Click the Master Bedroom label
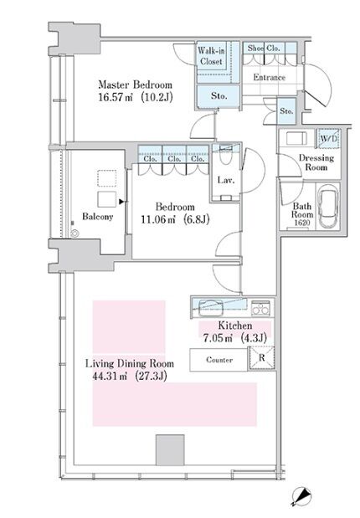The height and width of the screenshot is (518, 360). pos(135,85)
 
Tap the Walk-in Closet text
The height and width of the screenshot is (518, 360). pos(211,56)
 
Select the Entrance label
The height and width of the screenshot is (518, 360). pos(269,77)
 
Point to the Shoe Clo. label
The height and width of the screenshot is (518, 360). pos(264,49)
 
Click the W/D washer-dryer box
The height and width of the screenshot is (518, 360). pos(328,139)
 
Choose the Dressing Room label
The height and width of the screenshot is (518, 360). pos(316,162)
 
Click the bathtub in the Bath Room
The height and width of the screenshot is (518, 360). pos(328,206)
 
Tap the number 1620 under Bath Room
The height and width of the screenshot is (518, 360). pos(302,223)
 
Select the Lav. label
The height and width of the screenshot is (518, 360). pos(226,181)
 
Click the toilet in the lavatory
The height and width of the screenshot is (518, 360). pos(226,156)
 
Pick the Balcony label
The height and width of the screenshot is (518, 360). pos(97,217)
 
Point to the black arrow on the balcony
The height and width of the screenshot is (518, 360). pos(121,201)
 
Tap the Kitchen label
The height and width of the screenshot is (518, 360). pos(235,326)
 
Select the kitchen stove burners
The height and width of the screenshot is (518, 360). pos(261,308)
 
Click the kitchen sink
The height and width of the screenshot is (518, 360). pos(211,308)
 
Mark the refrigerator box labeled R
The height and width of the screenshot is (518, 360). pos(261,358)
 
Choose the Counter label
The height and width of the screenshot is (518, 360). pos(219,360)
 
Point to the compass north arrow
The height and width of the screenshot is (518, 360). pos(301,497)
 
